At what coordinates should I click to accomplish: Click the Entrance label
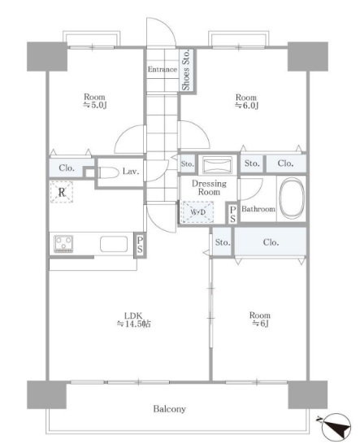(x=163, y=69)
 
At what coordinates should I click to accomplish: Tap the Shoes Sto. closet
(x=187, y=70)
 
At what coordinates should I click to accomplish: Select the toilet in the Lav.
(x=109, y=172)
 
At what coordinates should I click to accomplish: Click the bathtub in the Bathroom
(x=292, y=198)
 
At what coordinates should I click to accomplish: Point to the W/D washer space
(x=197, y=211)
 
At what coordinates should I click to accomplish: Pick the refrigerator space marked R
(x=62, y=192)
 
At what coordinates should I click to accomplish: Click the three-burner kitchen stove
(x=63, y=243)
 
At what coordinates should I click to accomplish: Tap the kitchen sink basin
(x=114, y=244)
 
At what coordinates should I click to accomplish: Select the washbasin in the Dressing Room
(x=217, y=165)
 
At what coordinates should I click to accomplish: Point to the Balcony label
(x=170, y=409)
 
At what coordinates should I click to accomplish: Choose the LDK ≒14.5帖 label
(x=133, y=320)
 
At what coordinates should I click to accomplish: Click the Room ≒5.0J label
(x=94, y=101)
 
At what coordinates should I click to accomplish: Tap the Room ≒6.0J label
(x=246, y=102)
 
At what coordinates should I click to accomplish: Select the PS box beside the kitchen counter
(x=140, y=245)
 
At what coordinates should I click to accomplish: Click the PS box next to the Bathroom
(x=232, y=214)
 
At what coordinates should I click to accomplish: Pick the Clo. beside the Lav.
(x=67, y=168)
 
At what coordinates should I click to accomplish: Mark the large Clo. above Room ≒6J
(x=271, y=242)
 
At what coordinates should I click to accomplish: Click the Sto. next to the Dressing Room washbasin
(x=188, y=164)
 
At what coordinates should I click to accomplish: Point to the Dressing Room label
(x=209, y=188)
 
